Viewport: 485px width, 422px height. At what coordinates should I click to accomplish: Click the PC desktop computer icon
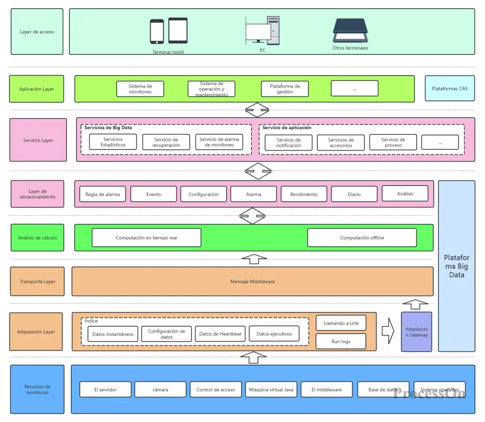262,30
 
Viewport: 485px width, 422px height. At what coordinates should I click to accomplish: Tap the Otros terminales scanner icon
350,30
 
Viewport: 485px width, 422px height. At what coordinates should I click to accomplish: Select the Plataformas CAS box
450,88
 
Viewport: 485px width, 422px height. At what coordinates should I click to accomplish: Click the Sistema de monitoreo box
140,89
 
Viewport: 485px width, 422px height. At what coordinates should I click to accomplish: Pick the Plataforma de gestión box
285,89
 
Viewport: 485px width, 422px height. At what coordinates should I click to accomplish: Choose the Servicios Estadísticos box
113,142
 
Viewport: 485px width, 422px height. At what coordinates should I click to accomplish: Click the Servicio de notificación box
289,142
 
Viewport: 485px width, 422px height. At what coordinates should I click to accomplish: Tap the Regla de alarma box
103,194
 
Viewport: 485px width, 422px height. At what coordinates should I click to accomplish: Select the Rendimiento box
304,194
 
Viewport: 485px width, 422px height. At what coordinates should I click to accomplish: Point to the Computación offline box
362,237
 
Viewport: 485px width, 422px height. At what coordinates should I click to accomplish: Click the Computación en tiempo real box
146,237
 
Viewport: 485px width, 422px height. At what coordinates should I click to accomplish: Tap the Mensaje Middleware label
252,281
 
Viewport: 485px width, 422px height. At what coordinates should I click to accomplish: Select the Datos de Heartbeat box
220,334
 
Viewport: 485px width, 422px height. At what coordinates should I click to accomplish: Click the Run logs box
341,342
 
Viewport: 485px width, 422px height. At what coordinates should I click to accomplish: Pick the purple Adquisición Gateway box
416,332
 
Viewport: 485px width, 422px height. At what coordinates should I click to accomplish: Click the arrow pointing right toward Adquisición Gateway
388,331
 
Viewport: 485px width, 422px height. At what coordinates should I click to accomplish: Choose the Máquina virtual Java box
271,390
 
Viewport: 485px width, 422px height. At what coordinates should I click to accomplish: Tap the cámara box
160,390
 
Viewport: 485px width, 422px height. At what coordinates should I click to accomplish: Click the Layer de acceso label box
37,31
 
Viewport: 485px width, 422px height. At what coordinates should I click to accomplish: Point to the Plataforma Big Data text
456,266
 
